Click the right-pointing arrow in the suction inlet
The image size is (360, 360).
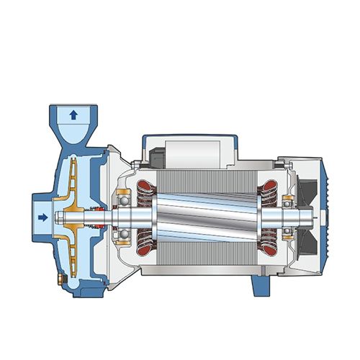click(x=42, y=216)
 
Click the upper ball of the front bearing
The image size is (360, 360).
click(x=125, y=194)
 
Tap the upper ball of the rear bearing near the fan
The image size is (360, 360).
click(x=289, y=198)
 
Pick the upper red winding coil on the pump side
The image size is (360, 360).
click(x=148, y=188)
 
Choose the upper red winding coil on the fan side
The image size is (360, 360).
click(x=269, y=189)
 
